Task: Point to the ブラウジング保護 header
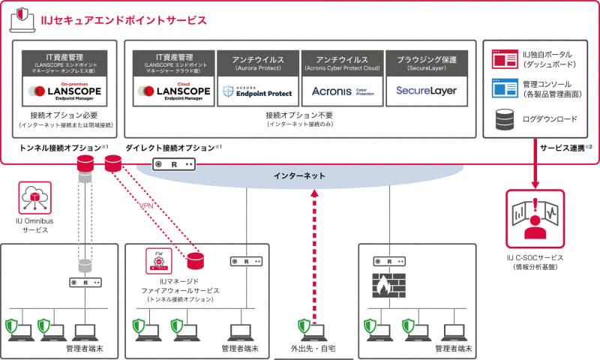[x=426, y=58]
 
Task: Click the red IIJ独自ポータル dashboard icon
[x=501, y=59]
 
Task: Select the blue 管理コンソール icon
[x=501, y=88]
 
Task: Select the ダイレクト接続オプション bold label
[x=169, y=148]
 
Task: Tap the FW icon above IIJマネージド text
[x=158, y=261]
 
